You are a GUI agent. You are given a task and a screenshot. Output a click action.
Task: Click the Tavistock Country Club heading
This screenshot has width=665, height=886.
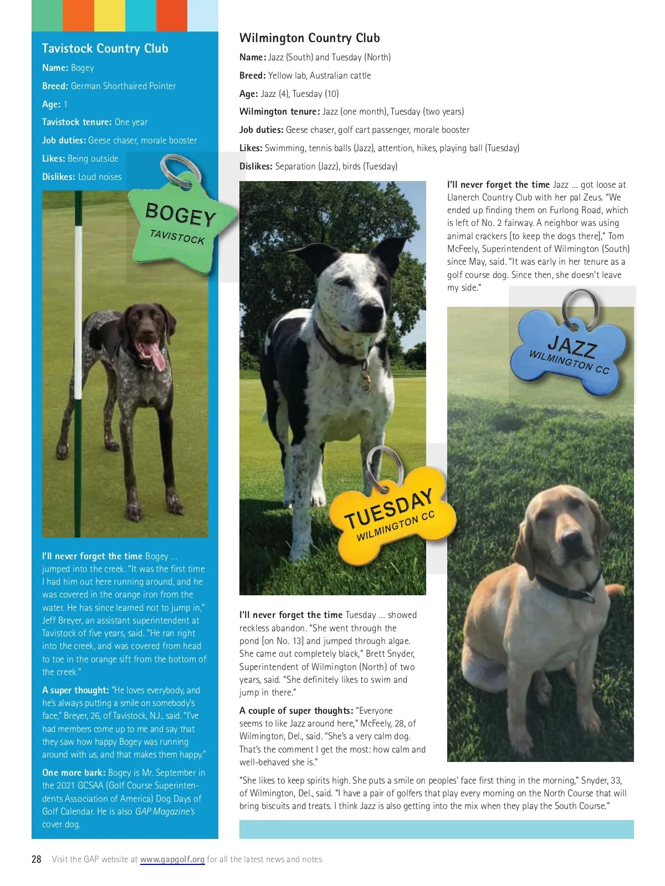click(x=105, y=49)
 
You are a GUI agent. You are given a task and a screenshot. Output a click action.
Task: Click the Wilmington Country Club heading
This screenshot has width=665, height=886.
click(x=309, y=38)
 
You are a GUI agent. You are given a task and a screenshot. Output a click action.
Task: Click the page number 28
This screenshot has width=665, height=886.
click(x=37, y=859)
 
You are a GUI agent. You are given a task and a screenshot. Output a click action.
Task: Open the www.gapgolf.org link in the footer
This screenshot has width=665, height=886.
click(x=172, y=859)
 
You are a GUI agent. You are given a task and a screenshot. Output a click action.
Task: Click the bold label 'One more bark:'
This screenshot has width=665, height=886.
click(x=74, y=773)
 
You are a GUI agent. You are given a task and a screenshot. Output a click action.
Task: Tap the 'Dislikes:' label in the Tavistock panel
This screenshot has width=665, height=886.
click(x=59, y=177)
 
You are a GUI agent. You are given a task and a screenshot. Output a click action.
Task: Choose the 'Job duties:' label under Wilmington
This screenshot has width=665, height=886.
click(x=262, y=130)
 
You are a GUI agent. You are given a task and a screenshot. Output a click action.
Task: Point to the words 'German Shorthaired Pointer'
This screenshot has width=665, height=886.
click(x=124, y=86)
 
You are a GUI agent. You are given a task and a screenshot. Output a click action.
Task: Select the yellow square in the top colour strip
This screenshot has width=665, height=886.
click(x=110, y=16)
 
